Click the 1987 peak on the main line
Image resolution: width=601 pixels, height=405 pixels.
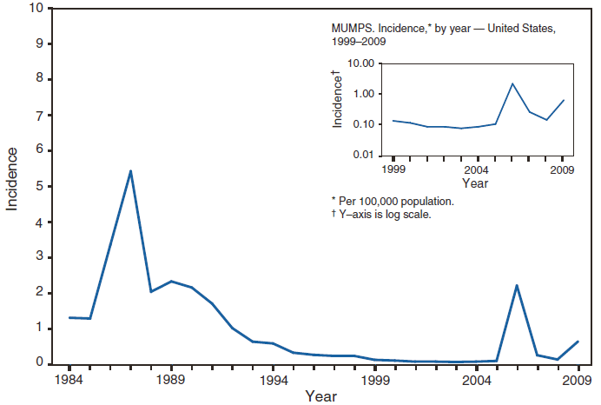point(130,170)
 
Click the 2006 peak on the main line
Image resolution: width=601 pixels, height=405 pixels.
point(517,285)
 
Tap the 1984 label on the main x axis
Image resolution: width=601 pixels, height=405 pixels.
point(70,380)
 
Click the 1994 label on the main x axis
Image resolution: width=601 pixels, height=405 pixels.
point(273,380)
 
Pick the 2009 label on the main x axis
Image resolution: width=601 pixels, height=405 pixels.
point(578,380)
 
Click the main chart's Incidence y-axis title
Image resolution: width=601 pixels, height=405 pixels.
point(13,179)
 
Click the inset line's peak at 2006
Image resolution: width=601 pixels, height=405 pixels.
point(512,83)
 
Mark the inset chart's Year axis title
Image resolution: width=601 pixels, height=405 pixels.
point(474,183)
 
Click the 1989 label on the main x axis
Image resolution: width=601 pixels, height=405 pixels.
point(171,380)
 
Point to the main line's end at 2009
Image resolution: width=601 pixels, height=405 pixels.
point(578,342)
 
